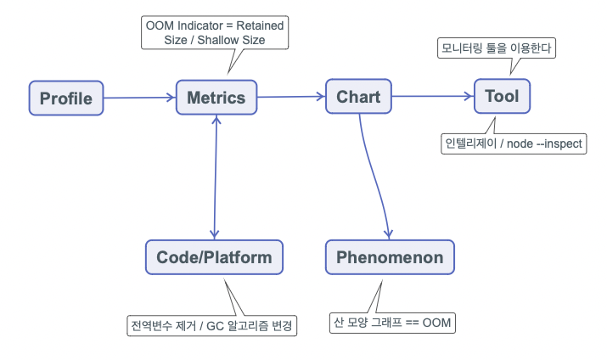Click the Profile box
[x=66, y=98]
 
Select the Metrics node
[x=216, y=97]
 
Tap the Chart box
[x=358, y=97]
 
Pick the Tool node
[x=502, y=96]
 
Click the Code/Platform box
[x=214, y=257]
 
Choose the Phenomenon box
[x=390, y=257]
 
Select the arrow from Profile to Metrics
[x=140, y=98]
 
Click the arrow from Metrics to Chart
[x=291, y=97]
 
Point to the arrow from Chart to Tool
[x=433, y=96]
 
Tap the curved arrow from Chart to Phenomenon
[x=373, y=176]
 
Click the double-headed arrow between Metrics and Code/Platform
[x=216, y=177]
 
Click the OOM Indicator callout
[x=215, y=32]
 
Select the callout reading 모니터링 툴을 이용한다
[x=497, y=48]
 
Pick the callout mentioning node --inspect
[x=514, y=143]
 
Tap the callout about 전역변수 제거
[x=211, y=325]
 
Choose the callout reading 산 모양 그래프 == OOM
[x=392, y=323]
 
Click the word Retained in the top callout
[x=260, y=25]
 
